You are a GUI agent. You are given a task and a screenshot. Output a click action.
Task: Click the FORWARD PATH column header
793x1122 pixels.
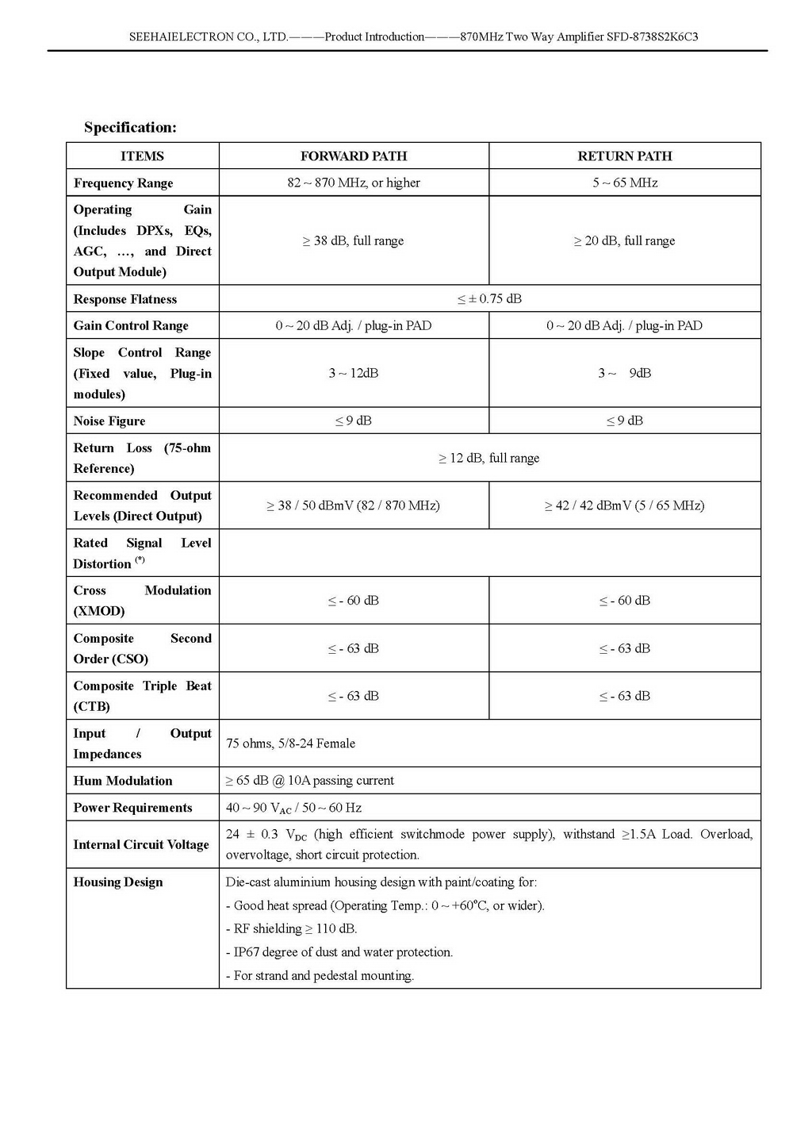[x=354, y=156]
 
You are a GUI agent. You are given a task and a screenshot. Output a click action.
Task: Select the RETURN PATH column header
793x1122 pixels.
[x=624, y=156]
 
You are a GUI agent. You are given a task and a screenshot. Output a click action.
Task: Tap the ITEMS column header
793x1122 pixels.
[x=142, y=156]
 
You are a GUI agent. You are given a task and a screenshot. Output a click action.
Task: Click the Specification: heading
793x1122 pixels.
[x=130, y=128]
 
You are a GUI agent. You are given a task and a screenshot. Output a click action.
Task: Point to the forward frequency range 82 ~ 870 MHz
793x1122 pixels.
[x=354, y=183]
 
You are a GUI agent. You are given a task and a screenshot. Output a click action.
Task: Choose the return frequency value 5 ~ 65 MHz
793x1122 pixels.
[x=625, y=183]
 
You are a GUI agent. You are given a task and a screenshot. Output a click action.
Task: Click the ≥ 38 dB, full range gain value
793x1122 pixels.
[x=353, y=240]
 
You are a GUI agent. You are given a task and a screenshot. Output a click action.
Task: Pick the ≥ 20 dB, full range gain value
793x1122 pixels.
[x=624, y=240]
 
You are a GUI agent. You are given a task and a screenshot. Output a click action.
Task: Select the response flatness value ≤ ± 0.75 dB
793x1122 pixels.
[x=489, y=299]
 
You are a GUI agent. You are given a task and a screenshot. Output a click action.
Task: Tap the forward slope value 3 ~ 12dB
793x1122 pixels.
[x=354, y=373]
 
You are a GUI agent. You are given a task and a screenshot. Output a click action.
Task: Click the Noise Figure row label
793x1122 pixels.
[x=109, y=421]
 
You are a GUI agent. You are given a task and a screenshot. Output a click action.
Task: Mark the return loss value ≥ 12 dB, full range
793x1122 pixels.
[x=489, y=458]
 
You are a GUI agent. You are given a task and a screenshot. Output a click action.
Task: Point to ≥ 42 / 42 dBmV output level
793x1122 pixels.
[x=624, y=505]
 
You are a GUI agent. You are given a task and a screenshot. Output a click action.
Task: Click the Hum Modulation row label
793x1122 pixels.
[x=123, y=781]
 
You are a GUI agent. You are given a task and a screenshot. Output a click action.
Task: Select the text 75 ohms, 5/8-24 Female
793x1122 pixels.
[x=290, y=744]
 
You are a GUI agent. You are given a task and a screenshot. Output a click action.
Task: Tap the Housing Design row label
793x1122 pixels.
[x=118, y=882]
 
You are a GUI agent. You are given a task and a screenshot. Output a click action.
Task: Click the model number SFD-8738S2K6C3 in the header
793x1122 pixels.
[x=652, y=37]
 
